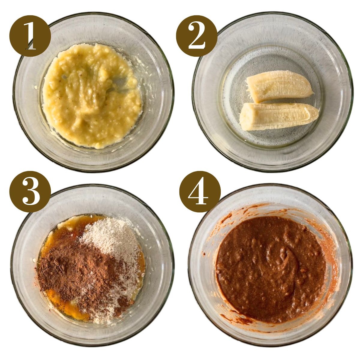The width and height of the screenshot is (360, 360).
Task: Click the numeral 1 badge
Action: (x=30, y=36)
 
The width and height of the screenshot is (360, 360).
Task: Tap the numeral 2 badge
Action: (x=196, y=36)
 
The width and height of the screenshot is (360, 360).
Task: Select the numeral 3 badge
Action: (x=30, y=192)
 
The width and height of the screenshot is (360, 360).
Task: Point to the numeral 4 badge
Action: (x=200, y=192)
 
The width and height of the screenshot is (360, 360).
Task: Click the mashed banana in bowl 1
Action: (x=90, y=96)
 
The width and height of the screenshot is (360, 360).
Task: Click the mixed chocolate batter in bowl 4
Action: (x=270, y=270)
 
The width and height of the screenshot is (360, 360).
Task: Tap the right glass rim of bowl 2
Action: (x=351, y=90)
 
